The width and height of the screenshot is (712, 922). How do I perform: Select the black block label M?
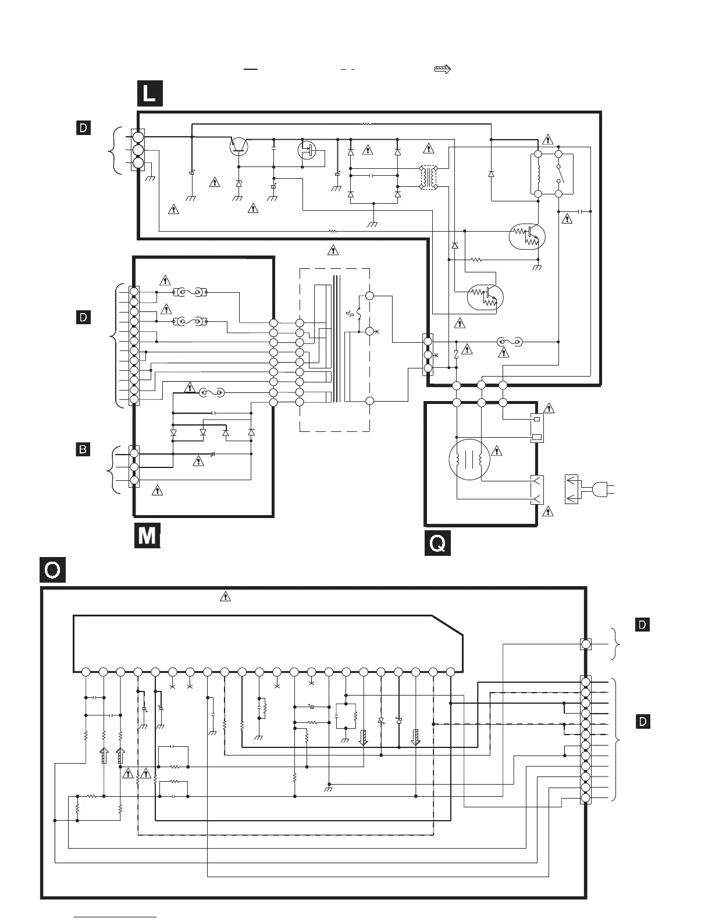pos(147,535)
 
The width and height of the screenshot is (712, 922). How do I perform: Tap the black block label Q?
pos(437,543)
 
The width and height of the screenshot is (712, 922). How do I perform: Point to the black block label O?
pos(52,570)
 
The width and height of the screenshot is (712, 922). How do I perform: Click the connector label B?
pos(83,449)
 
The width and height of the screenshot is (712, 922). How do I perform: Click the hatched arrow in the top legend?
pos(442,69)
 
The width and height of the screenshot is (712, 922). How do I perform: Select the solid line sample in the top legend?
pos(251,69)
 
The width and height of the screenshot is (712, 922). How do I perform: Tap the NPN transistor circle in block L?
pos(238,146)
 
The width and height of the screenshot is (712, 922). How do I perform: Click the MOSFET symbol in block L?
pos(307,150)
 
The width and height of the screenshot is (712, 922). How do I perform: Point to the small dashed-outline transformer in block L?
pos(428,178)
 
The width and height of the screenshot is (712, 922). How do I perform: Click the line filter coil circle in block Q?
pos(469,459)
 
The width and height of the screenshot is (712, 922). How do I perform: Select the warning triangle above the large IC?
pos(225,596)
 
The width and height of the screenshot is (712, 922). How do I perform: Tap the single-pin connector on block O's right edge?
pos(586,644)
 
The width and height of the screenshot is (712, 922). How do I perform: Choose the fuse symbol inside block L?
pos(510,342)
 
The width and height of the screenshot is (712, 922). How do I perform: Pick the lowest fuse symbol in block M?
pos(212,393)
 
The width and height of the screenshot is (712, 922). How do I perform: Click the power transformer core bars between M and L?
pos(337,339)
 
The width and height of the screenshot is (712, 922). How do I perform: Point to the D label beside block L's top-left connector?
pos(83,127)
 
